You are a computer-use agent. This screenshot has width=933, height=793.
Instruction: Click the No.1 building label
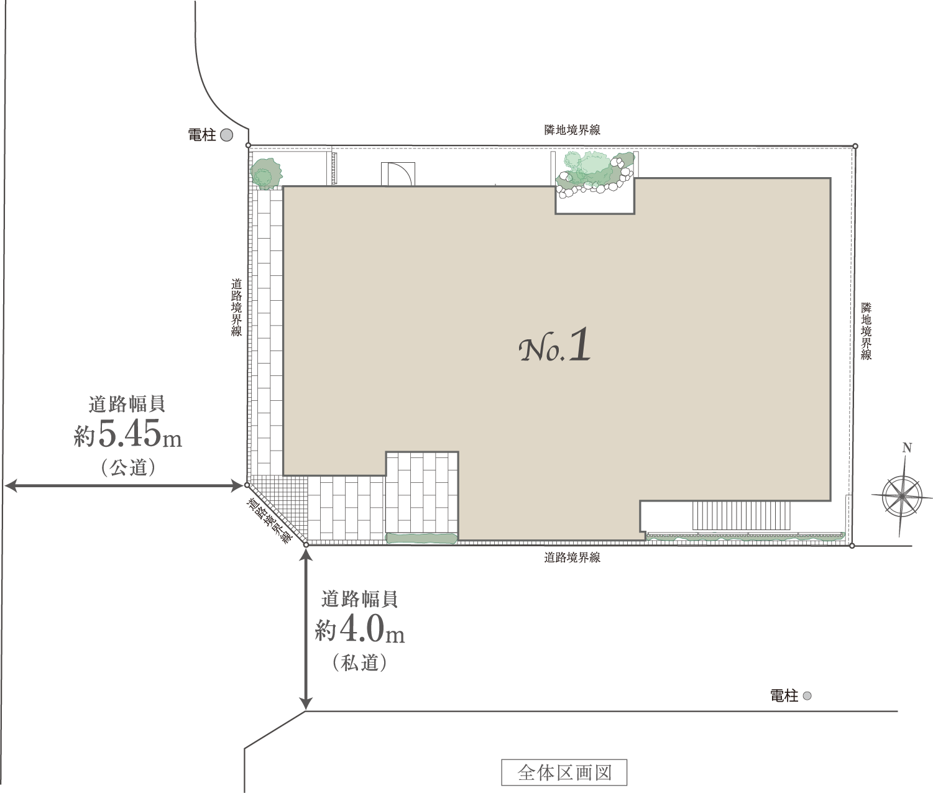click(x=554, y=346)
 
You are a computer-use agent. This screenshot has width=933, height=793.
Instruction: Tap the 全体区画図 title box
click(x=564, y=772)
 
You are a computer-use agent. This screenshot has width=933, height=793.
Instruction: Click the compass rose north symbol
click(x=901, y=496)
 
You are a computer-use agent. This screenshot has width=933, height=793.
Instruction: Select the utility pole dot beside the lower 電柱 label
click(x=807, y=696)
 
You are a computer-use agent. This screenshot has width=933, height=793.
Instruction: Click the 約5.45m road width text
click(x=128, y=435)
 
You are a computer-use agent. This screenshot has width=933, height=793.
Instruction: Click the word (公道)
click(x=128, y=467)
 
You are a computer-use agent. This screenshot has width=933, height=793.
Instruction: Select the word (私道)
click(x=360, y=662)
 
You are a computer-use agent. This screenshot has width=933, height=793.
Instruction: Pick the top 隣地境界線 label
click(x=572, y=130)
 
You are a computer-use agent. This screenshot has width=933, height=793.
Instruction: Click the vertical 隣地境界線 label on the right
click(x=866, y=331)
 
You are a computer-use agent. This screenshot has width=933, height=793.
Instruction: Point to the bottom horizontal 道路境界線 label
click(x=572, y=558)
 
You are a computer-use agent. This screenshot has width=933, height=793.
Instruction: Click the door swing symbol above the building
click(x=398, y=174)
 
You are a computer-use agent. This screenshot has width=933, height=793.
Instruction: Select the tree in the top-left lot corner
click(x=266, y=173)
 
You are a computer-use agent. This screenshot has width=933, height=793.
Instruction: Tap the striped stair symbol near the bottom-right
click(x=742, y=515)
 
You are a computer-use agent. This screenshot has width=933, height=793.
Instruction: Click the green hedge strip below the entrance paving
click(x=421, y=538)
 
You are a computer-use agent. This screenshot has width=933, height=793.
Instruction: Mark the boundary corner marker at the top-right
click(x=855, y=146)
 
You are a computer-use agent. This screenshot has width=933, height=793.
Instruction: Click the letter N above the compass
click(x=907, y=447)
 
